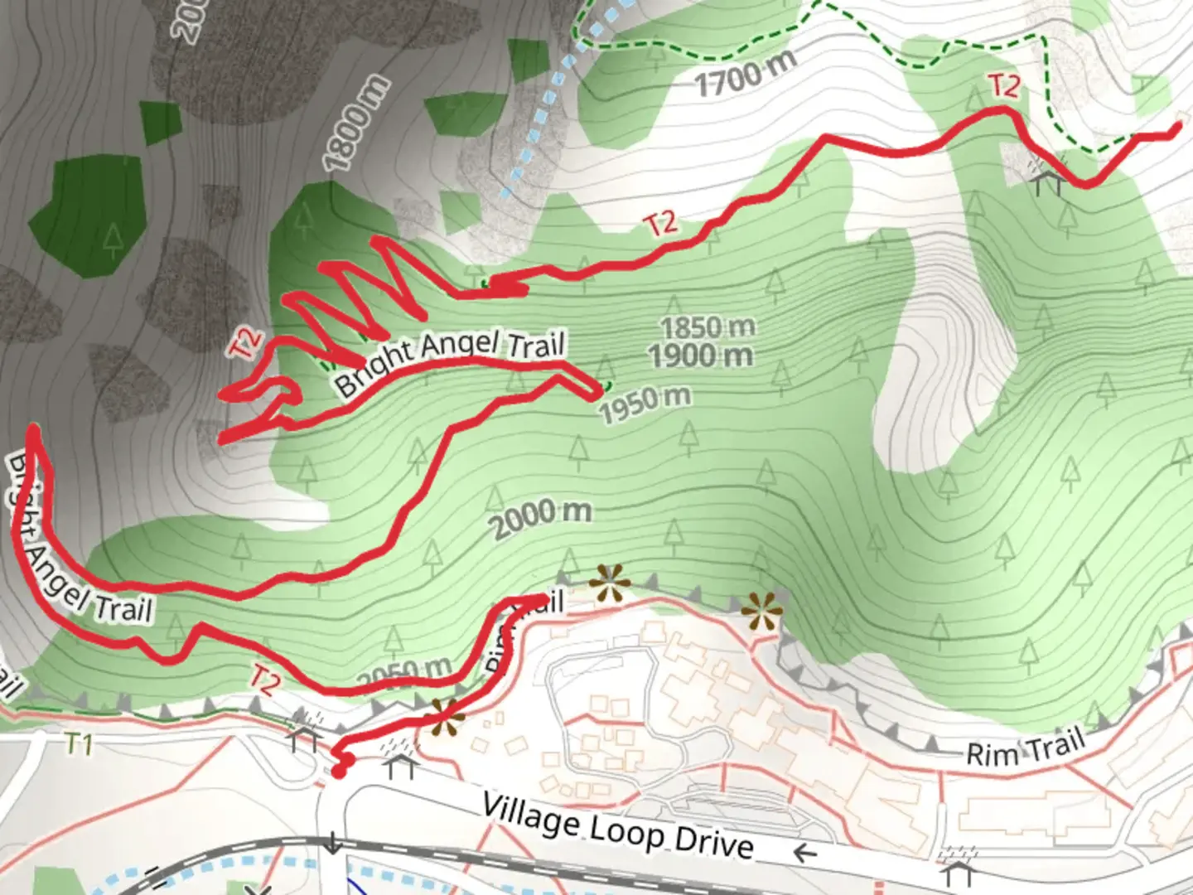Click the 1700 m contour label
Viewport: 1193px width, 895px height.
(x=745, y=74)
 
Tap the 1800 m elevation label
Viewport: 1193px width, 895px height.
(x=355, y=123)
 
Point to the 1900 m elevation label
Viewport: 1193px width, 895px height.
(x=701, y=356)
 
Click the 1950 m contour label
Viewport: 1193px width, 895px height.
(x=645, y=404)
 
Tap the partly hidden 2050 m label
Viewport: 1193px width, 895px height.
(x=406, y=674)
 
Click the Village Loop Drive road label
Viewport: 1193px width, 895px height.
(x=618, y=825)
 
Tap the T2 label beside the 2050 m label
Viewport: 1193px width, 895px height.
(x=263, y=680)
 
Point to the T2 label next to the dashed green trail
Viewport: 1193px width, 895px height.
(x=1003, y=85)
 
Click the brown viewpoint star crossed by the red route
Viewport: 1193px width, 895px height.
(x=444, y=718)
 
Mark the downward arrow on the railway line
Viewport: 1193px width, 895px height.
(x=332, y=844)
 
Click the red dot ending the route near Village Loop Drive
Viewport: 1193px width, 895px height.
(x=339, y=772)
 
